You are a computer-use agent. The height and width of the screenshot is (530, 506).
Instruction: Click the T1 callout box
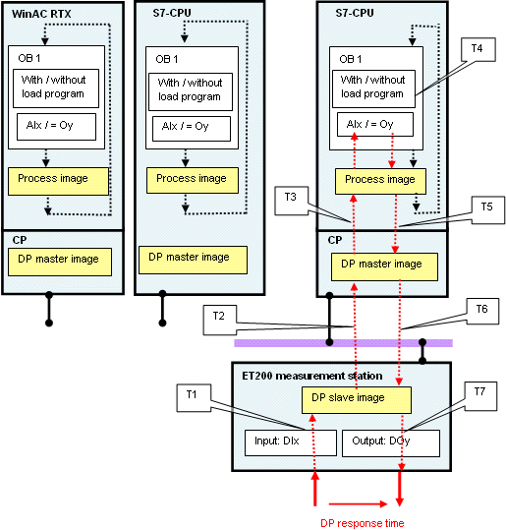click(x=194, y=397)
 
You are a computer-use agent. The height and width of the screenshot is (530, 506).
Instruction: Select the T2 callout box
click(x=219, y=320)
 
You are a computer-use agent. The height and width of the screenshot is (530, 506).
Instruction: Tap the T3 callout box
click(x=291, y=201)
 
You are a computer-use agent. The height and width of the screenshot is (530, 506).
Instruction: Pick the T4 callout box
click(x=478, y=49)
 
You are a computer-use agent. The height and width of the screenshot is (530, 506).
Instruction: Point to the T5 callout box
click(x=488, y=209)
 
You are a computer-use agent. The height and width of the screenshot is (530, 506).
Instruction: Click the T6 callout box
click(x=482, y=312)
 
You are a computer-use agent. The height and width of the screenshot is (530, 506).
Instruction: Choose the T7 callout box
click(x=480, y=396)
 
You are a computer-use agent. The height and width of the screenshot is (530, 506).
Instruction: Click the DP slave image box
click(x=357, y=400)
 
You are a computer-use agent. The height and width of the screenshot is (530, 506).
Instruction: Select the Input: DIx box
click(x=291, y=442)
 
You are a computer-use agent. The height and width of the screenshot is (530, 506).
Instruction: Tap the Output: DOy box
click(x=391, y=443)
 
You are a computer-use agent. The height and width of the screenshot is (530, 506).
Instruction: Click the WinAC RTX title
click(x=41, y=14)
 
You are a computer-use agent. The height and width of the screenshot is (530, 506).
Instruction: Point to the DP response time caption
click(x=363, y=523)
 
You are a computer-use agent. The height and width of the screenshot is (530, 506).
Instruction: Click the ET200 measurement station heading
click(x=312, y=376)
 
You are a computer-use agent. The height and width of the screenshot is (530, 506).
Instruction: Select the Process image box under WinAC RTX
click(x=58, y=181)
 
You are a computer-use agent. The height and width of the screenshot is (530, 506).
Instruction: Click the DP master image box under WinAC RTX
click(x=60, y=262)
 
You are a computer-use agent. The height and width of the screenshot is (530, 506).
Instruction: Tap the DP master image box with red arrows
click(x=384, y=266)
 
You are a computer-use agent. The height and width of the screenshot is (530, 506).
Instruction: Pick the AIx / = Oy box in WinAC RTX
click(x=56, y=127)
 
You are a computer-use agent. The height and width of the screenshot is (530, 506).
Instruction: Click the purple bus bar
click(x=343, y=343)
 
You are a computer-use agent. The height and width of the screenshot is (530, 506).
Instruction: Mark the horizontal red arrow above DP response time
click(x=358, y=504)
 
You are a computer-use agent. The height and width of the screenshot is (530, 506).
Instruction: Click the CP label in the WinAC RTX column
click(x=20, y=240)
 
